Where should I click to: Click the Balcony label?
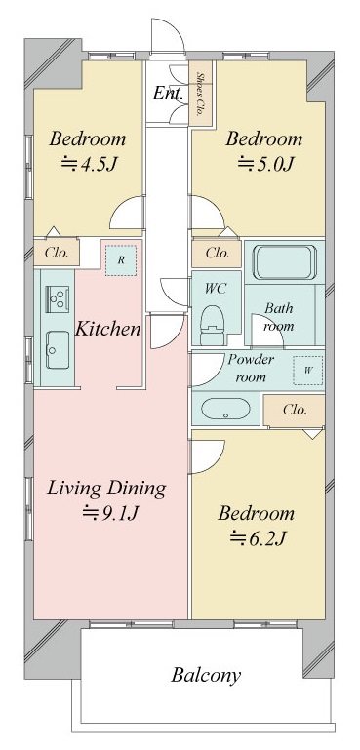[x=206, y=674]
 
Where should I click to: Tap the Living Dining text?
[x=105, y=488]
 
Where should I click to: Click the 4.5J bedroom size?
[x=86, y=163]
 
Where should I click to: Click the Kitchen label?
[x=108, y=329]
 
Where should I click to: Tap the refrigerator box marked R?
[x=120, y=260]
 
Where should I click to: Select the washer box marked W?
[x=307, y=370]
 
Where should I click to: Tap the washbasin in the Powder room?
[x=227, y=410]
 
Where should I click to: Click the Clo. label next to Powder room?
[x=295, y=411]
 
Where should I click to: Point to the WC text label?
[x=215, y=289]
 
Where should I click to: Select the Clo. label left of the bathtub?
[x=217, y=253]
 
